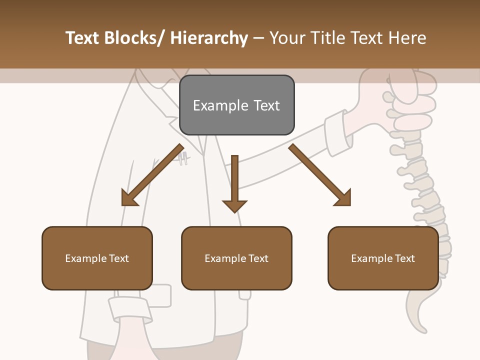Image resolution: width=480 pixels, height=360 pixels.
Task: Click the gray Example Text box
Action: click(x=236, y=105)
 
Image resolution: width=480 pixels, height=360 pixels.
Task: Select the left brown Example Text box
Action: click(x=97, y=258)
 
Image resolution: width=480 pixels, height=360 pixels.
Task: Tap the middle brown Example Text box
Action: click(x=236, y=258)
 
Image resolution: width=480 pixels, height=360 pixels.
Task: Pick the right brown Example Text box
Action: click(x=383, y=258)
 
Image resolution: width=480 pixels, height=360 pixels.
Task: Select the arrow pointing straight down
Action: click(x=234, y=182)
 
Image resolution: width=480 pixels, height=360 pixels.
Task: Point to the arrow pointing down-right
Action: click(x=320, y=175)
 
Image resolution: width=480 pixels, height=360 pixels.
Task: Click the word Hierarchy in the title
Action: click(x=209, y=38)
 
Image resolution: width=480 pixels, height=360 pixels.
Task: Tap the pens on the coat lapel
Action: click(x=183, y=158)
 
